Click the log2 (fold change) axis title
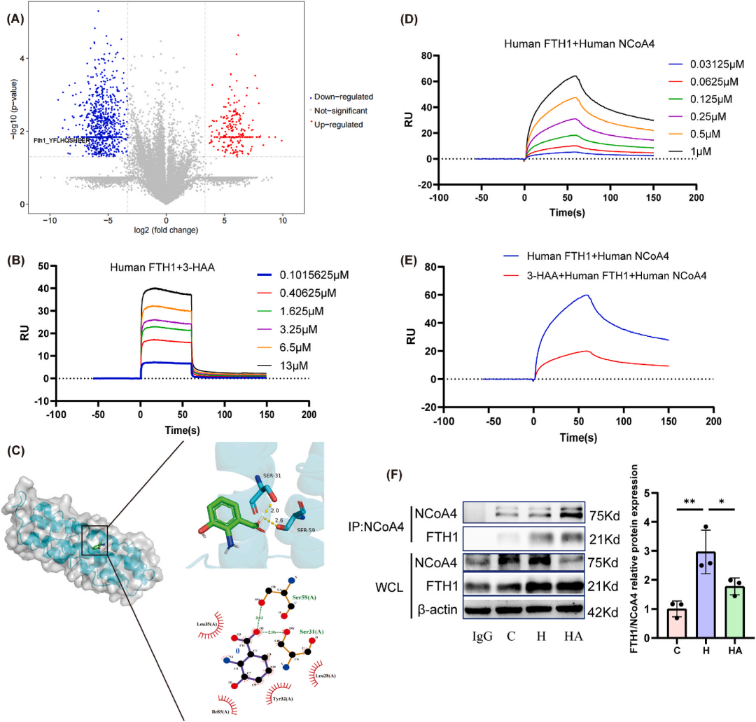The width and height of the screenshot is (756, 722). (x=166, y=230)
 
